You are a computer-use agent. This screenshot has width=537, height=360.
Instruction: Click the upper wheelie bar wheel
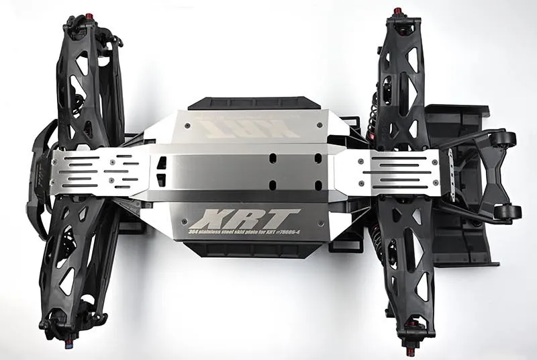coord(505,140)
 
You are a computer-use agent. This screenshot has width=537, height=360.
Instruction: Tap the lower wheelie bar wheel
coord(507,213)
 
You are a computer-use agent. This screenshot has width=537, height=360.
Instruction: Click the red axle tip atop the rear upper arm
coord(397,11)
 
